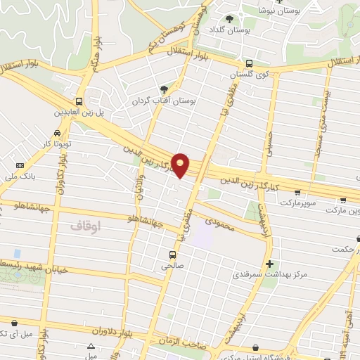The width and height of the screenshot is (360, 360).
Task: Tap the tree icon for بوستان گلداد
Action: (230, 19)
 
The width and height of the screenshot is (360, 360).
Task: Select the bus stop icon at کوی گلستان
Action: (250, 63)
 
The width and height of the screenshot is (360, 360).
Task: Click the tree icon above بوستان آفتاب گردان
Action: (164, 89)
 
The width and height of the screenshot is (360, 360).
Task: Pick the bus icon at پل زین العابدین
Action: (79, 101)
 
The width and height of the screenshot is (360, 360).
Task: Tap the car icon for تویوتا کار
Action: (56, 133)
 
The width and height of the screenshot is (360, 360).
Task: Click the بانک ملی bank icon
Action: (19, 165)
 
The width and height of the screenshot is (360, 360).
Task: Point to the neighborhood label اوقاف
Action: (86, 226)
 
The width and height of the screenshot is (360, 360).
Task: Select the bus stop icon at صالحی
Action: (172, 255)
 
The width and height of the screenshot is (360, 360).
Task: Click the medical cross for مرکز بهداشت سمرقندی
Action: (269, 263)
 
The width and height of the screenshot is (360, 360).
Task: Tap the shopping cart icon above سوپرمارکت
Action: (297, 192)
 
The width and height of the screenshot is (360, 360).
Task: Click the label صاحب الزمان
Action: (187, 342)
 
